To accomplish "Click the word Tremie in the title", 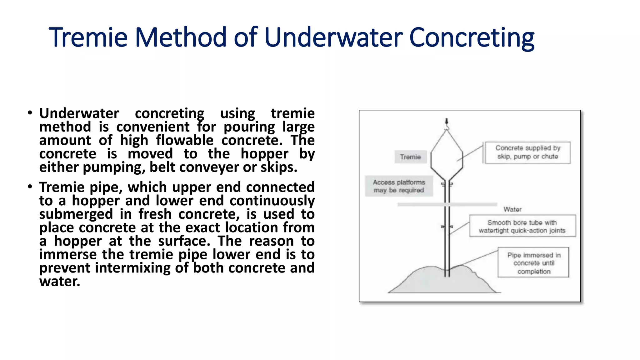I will pyautogui.click(x=88, y=37).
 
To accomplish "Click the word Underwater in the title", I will pyautogui.click(x=333, y=37).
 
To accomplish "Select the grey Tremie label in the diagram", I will pyautogui.click(x=410, y=157).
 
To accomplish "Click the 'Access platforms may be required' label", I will pyautogui.click(x=399, y=186).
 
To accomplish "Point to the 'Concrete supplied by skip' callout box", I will pyautogui.click(x=527, y=152).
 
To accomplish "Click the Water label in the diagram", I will pyautogui.click(x=512, y=209).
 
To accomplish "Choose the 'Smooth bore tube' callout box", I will pyautogui.click(x=522, y=226).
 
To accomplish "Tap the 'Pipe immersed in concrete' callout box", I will pyautogui.click(x=533, y=263).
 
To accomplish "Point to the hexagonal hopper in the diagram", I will pyautogui.click(x=447, y=155).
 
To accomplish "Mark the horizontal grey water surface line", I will pyautogui.click(x=447, y=204).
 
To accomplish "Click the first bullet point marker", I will pyautogui.click(x=30, y=113).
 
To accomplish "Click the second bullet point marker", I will pyautogui.click(x=30, y=187).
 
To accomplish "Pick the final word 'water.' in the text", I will pyautogui.click(x=60, y=282).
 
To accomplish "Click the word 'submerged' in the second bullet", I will pyautogui.click(x=76, y=214).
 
